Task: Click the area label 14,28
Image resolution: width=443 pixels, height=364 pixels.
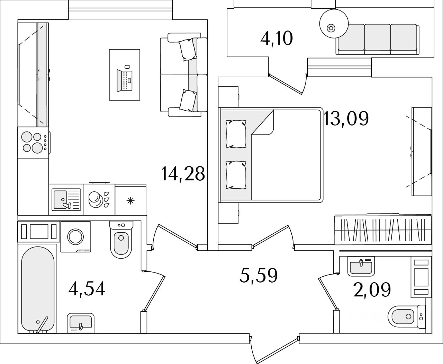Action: click(x=183, y=174)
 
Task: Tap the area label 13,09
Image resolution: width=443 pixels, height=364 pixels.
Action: click(x=346, y=119)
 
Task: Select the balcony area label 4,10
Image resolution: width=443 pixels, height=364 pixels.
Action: click(x=277, y=38)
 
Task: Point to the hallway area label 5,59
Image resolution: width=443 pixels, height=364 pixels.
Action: click(x=259, y=276)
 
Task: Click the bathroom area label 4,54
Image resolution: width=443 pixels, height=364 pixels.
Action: click(x=87, y=288)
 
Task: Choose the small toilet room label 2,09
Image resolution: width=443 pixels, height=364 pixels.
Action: click(x=372, y=289)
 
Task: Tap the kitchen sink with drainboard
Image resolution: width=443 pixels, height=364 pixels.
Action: click(x=66, y=200)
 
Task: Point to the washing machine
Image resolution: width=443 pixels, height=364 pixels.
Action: click(x=75, y=236)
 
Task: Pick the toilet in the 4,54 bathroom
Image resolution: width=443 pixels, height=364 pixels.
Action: click(x=121, y=239)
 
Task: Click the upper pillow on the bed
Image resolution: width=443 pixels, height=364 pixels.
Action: click(x=236, y=133)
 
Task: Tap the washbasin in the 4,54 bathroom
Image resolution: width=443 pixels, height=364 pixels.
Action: click(x=81, y=322)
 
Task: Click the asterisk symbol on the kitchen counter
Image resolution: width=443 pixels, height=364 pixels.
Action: click(x=130, y=200)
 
